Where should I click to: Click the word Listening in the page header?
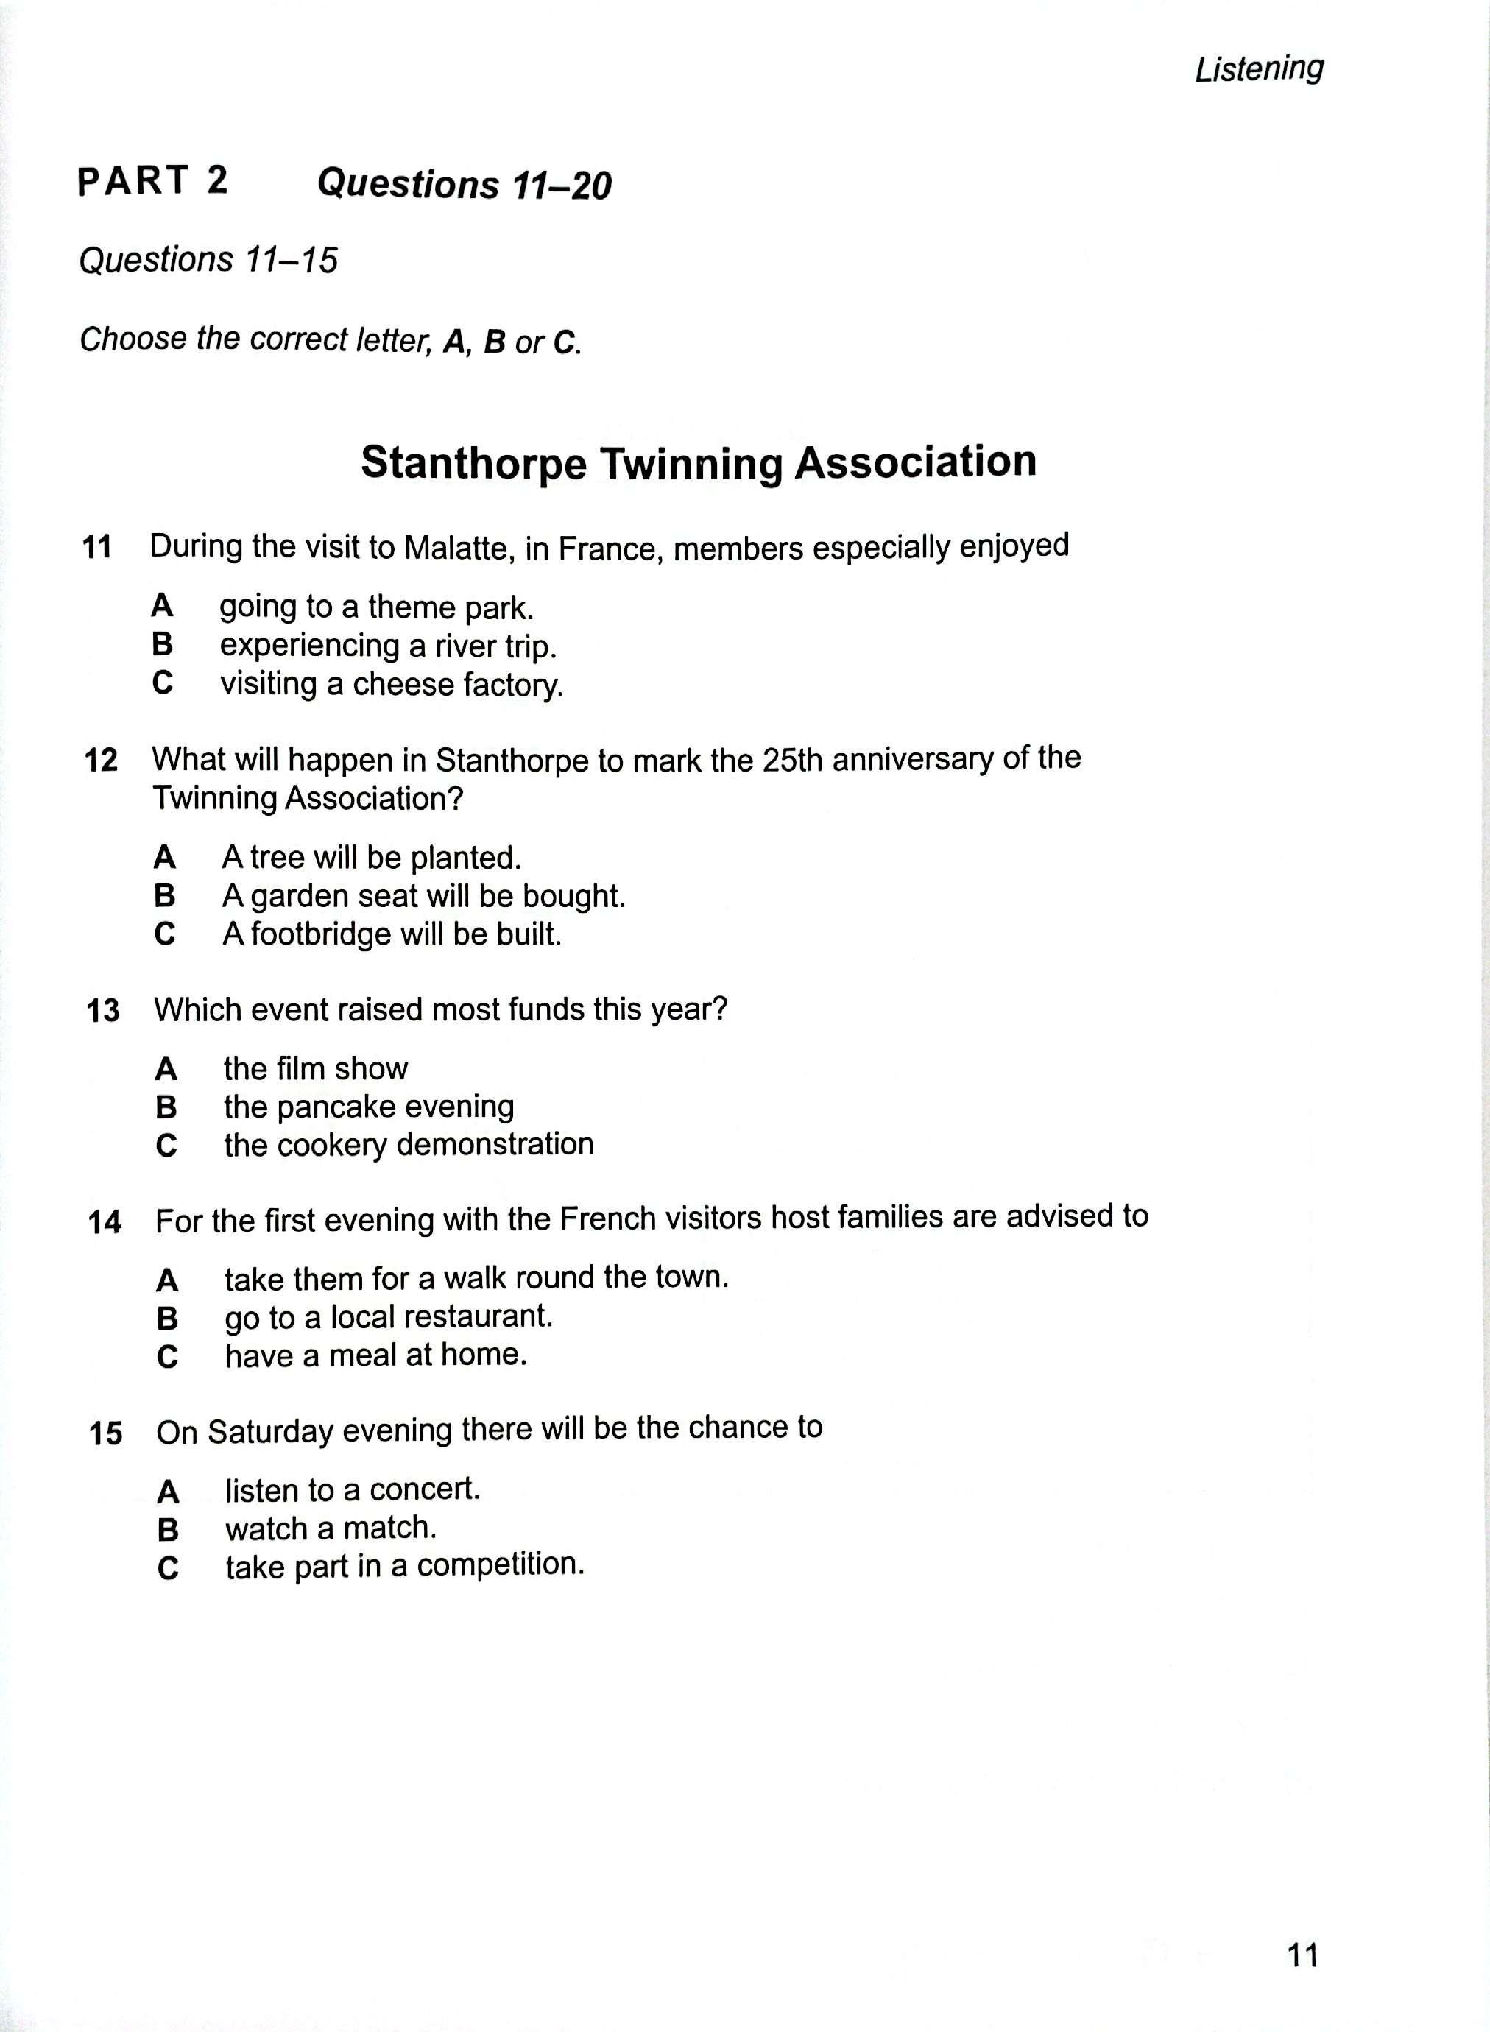coord(1259,68)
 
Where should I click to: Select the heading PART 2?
coord(152,181)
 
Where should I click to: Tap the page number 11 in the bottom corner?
coord(1303,1955)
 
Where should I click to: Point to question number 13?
coord(103,1011)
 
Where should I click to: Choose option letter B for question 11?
coord(163,645)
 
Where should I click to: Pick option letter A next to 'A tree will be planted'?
coord(164,857)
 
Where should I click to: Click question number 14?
coord(105,1223)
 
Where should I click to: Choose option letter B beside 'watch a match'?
coord(168,1531)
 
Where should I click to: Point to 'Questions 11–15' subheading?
coord(208,261)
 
